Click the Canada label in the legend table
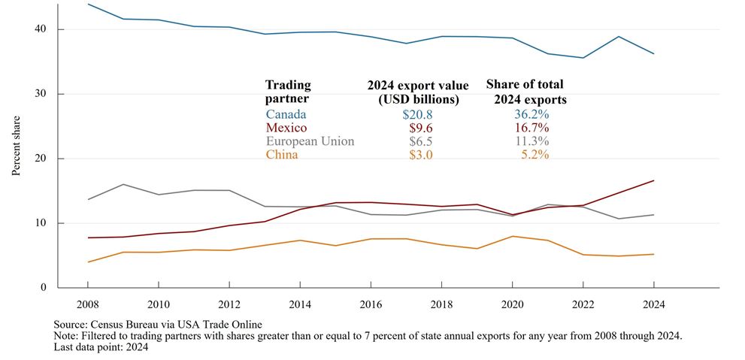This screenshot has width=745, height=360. coord(286,114)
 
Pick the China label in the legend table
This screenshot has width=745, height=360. coord(283,155)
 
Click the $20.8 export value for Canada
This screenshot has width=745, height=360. coord(417,114)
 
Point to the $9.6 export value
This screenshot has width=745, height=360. coord(419,128)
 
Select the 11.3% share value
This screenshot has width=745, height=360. coord(531,141)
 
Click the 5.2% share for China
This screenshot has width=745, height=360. coord(535,155)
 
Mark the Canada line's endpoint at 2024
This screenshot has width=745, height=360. coord(654,53)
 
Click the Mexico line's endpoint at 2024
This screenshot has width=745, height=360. coord(654,180)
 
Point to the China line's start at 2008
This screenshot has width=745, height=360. coord(88,262)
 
